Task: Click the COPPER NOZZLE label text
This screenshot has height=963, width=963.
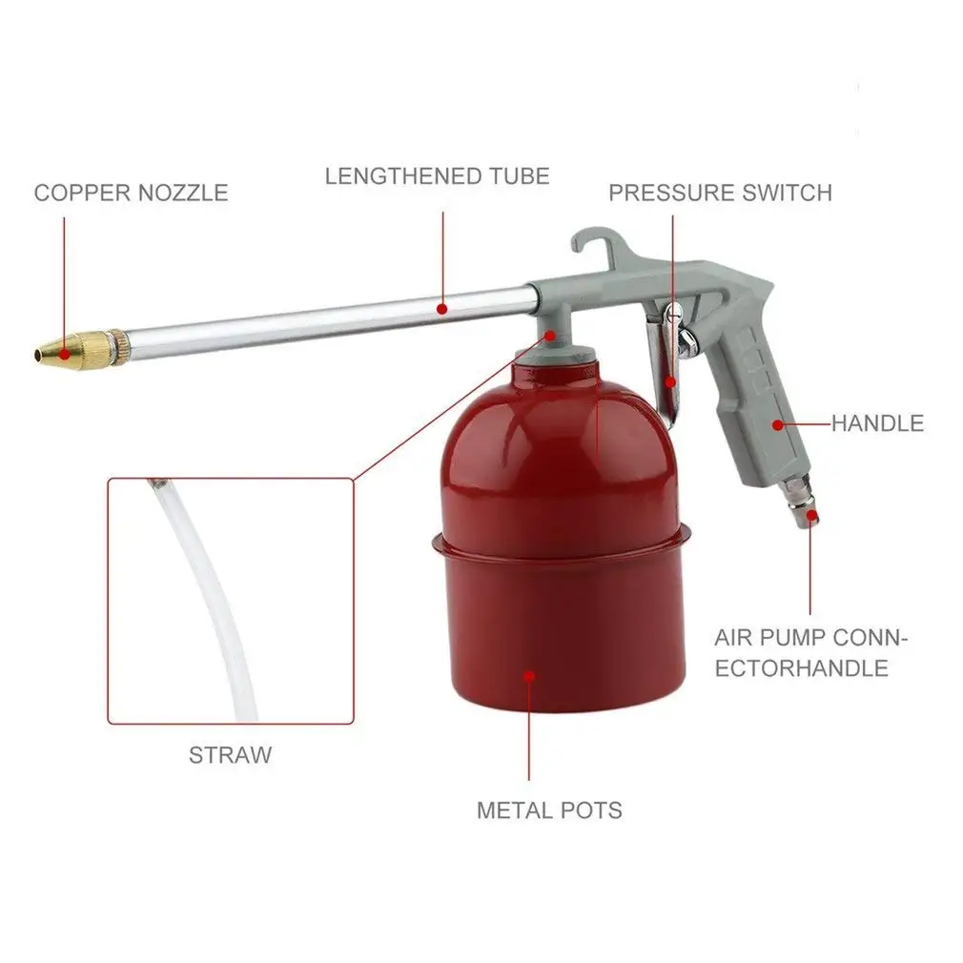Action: click(x=131, y=193)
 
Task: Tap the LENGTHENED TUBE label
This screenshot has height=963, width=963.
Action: click(x=437, y=176)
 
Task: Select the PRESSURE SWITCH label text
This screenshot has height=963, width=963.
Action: click(x=720, y=193)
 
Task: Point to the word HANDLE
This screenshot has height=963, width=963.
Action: click(x=877, y=423)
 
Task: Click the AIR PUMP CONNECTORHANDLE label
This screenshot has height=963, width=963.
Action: click(x=809, y=653)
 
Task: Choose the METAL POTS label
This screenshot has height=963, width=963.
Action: click(x=549, y=810)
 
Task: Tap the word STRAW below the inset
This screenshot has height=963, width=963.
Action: click(x=230, y=755)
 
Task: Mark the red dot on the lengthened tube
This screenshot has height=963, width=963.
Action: click(x=442, y=308)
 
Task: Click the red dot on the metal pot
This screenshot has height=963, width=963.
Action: click(x=529, y=675)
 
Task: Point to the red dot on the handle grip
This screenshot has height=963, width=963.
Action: click(x=777, y=423)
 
